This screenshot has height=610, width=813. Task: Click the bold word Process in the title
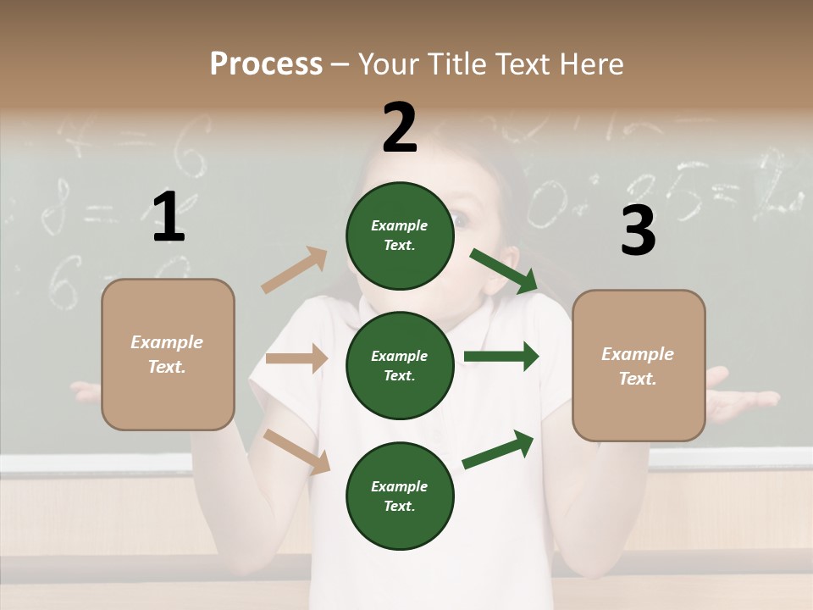[266, 64]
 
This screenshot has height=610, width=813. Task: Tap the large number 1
[169, 217]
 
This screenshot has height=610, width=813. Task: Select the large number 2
[400, 128]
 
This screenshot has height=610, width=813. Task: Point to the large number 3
[638, 230]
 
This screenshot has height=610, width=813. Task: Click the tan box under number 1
[168, 354]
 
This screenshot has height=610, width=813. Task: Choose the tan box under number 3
[639, 365]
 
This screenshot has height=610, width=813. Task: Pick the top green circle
[400, 236]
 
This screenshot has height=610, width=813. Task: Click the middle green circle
[400, 365]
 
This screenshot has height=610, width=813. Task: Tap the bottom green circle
[400, 496]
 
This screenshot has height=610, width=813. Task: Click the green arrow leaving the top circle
[503, 271]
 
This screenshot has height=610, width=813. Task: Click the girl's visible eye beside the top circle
[462, 219]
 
